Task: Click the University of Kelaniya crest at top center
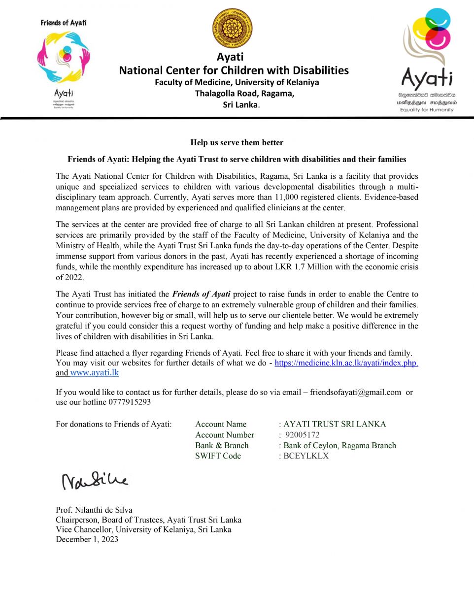[x=232, y=28]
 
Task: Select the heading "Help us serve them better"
[x=237, y=143]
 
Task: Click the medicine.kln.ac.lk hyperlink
[x=346, y=363]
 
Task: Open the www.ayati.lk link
[x=95, y=373]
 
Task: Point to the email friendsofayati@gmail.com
[x=355, y=392]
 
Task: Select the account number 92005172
[x=303, y=435]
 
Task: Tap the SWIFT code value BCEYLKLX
[x=306, y=456]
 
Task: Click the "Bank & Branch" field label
[x=222, y=445]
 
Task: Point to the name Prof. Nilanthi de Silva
[x=94, y=510]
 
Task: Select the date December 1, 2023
[x=87, y=539]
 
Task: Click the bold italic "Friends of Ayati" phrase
[x=201, y=295]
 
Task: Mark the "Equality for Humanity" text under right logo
[x=427, y=109]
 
